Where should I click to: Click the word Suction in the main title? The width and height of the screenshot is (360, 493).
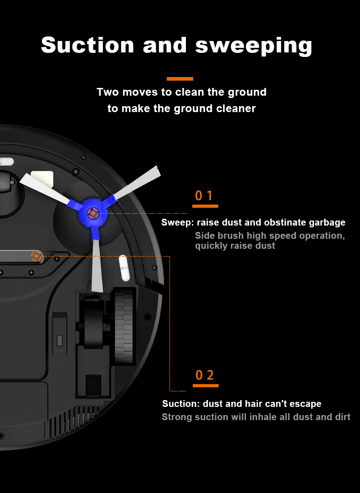tap(87, 45)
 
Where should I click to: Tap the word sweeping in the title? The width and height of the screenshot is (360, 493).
tap(254, 46)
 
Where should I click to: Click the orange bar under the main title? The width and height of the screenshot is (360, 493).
tap(180, 79)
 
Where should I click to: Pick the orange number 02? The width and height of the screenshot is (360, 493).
tap(205, 375)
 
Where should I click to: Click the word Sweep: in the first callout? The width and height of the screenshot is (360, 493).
tap(178, 223)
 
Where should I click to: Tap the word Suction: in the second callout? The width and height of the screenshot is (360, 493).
tap(181, 404)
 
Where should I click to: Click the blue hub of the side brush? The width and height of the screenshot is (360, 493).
tap(93, 214)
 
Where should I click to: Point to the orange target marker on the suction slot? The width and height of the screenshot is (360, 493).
tap(36, 256)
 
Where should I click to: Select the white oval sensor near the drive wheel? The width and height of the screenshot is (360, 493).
tap(124, 268)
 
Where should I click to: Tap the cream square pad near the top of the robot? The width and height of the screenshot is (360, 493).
tap(42, 178)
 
